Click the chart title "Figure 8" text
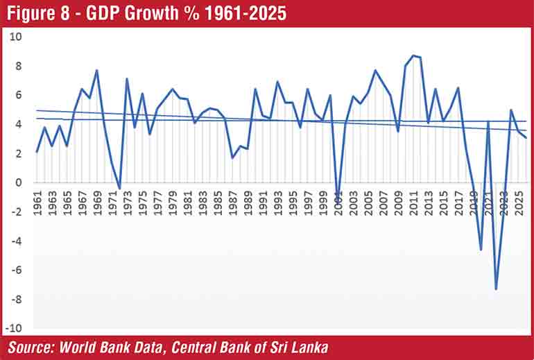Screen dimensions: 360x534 42,13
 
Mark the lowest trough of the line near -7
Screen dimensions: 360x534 496,289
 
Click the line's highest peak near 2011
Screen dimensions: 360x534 413,55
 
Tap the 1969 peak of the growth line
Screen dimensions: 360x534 96,70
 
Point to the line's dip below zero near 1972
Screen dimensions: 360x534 119,188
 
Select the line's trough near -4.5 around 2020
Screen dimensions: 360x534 481,249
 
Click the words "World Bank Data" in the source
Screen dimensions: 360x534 114,346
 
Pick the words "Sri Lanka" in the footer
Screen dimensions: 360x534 301,346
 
